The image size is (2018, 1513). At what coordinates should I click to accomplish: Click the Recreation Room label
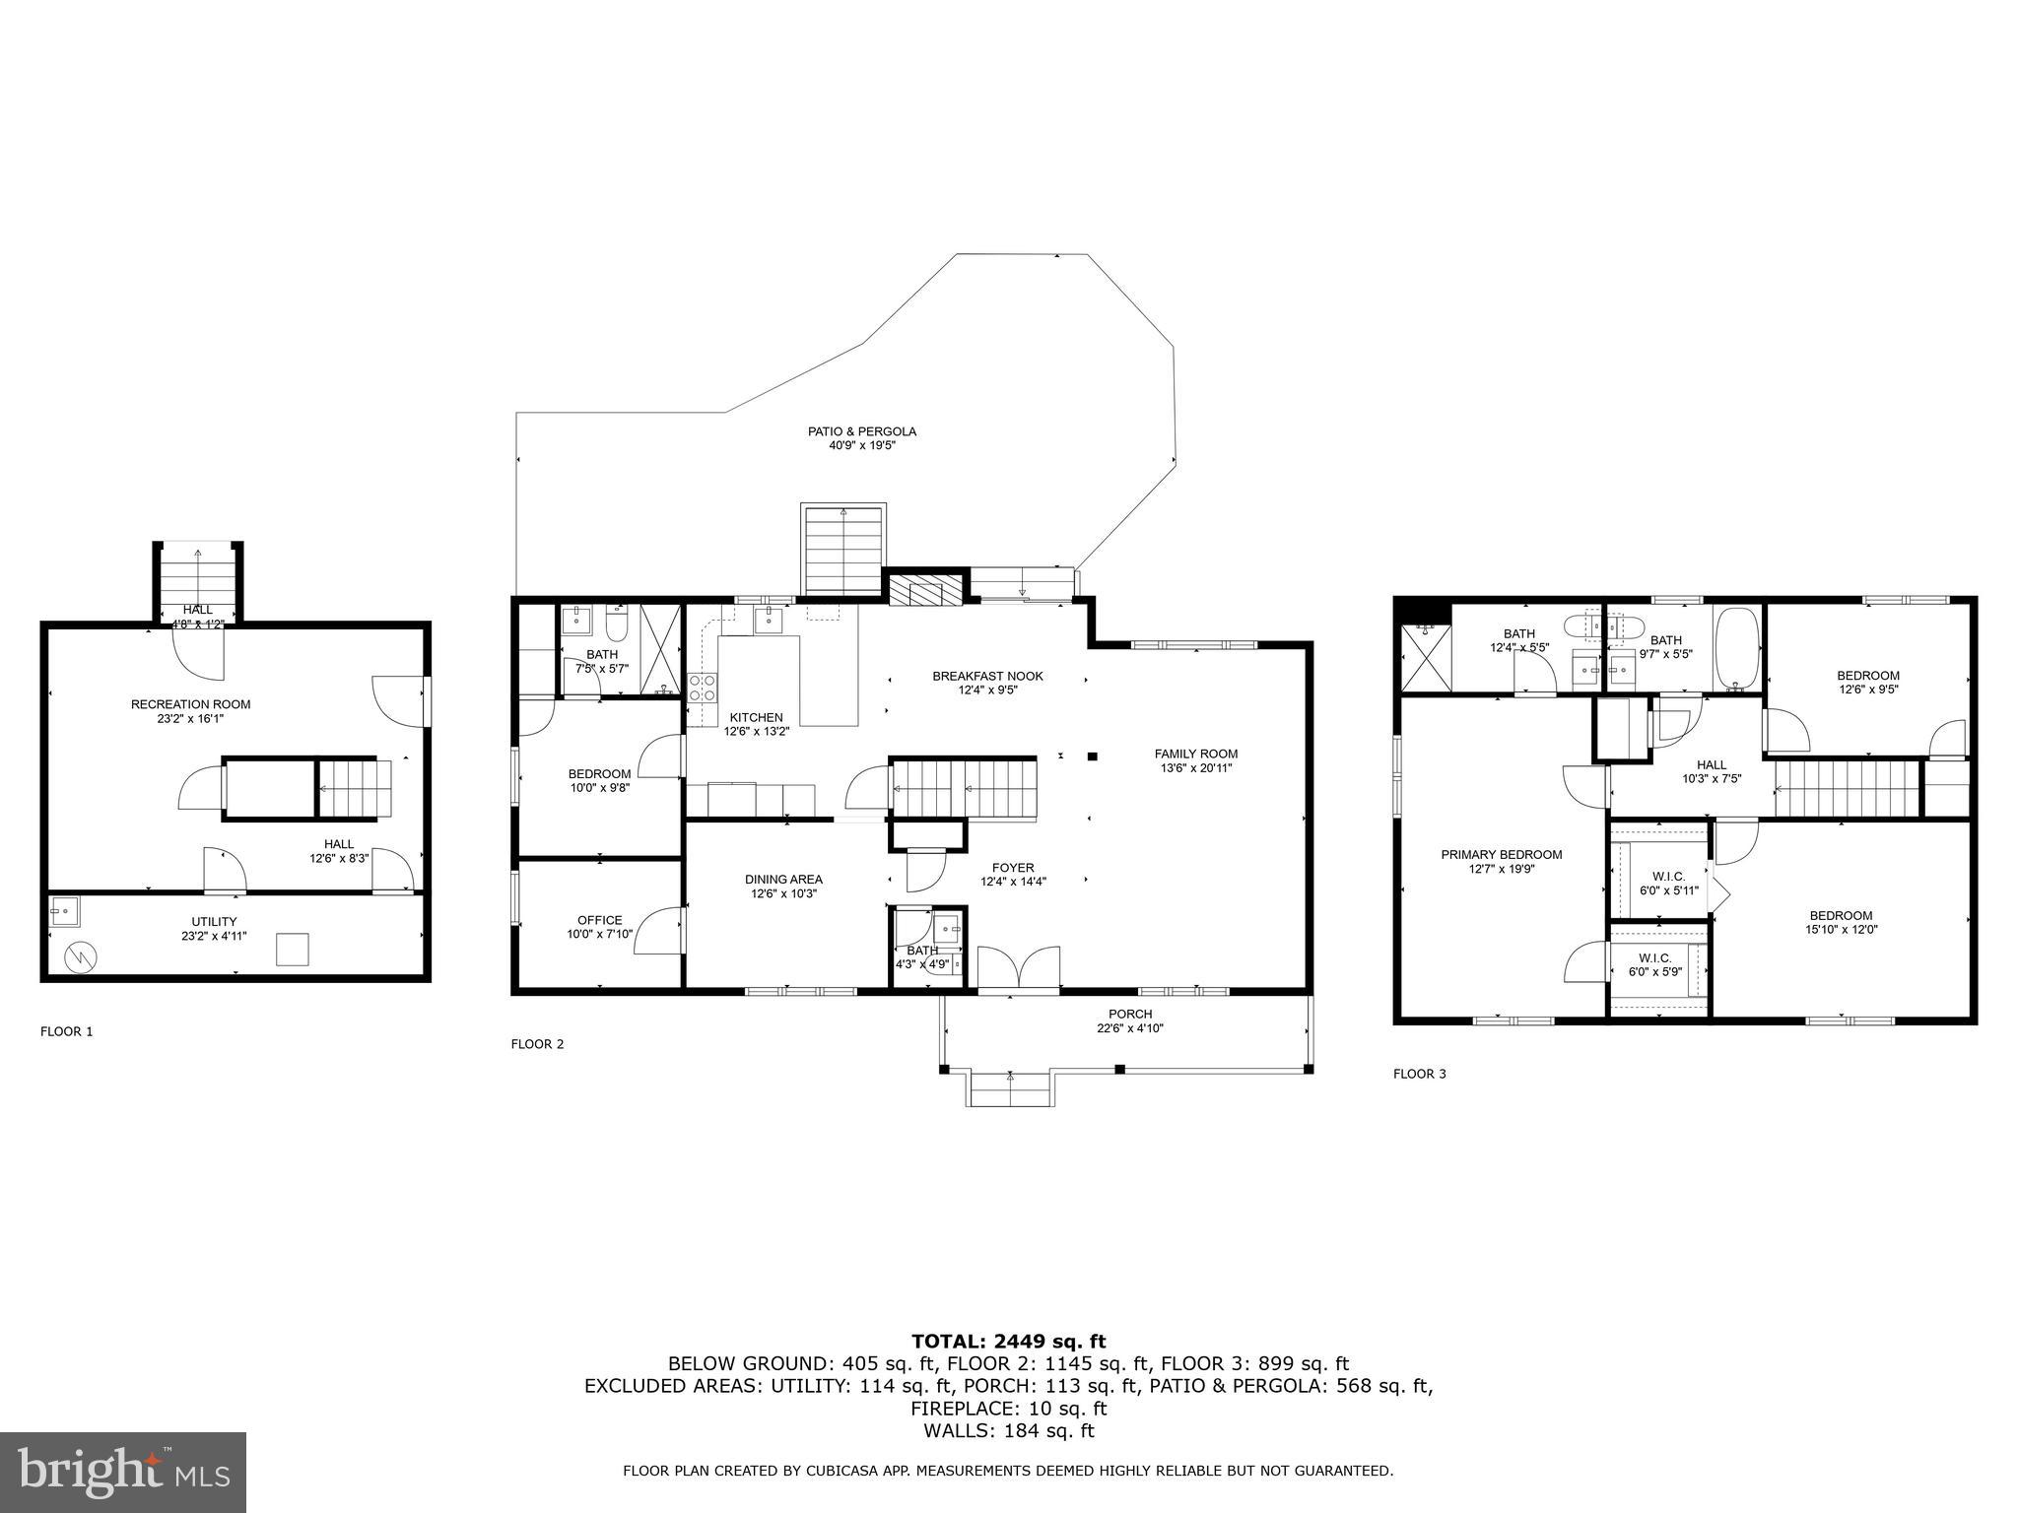tap(190, 704)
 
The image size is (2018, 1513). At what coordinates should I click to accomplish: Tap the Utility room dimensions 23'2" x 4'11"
tap(214, 936)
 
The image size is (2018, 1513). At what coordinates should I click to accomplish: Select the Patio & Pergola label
tap(862, 431)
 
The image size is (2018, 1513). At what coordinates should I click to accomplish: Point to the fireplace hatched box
tap(924, 591)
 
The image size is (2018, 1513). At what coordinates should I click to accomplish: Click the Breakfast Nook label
tap(987, 676)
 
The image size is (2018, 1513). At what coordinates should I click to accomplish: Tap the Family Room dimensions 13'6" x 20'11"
tap(1196, 768)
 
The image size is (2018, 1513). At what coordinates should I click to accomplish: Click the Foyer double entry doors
tap(1019, 967)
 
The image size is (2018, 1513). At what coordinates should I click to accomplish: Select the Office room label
tap(599, 920)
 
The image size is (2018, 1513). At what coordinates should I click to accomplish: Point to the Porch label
tap(1130, 1014)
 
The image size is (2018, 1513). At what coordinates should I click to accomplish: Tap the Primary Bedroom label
tap(1501, 855)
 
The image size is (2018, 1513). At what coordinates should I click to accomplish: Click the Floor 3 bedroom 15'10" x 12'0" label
tap(1841, 915)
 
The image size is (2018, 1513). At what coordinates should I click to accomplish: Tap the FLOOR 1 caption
tap(66, 1031)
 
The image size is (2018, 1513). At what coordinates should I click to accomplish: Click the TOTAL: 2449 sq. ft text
tap(1008, 1341)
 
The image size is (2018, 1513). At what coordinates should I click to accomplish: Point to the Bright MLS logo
tap(123, 1472)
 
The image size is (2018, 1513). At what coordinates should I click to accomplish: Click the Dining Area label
tap(783, 880)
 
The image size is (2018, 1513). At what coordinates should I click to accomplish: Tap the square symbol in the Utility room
tap(292, 950)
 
